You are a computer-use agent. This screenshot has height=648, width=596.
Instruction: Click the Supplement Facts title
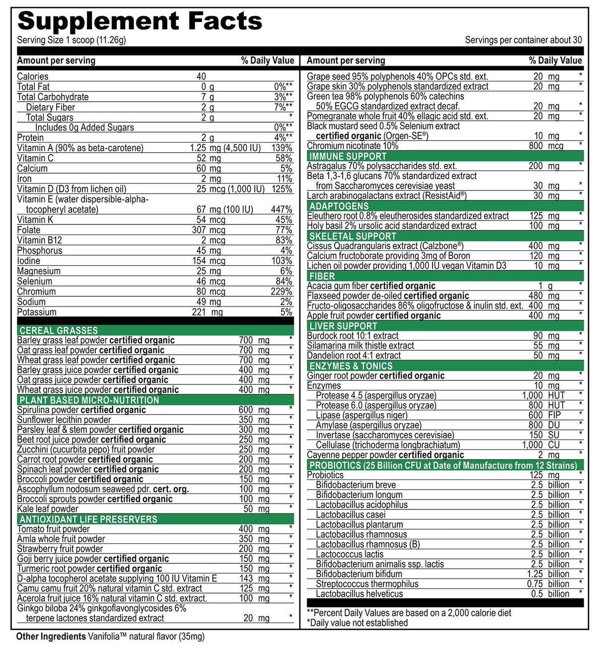[x=140, y=21]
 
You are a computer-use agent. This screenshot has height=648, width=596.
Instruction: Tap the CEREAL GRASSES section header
[x=59, y=330]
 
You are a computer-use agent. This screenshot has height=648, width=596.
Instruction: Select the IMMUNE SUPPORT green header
[x=348, y=156]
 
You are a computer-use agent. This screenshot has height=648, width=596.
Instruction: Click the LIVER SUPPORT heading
[x=343, y=326]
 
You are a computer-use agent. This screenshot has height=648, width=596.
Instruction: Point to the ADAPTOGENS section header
[x=339, y=206]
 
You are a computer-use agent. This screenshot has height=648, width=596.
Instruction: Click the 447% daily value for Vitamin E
[x=281, y=210]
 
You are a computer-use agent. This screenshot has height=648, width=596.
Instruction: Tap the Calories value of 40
[x=201, y=76]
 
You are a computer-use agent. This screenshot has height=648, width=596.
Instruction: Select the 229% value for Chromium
[x=281, y=291]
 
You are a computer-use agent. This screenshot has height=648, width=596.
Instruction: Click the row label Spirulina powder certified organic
[x=81, y=410]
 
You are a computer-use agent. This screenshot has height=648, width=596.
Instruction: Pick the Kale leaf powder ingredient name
[x=48, y=509]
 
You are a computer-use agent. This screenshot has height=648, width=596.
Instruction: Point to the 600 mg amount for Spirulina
[x=254, y=410]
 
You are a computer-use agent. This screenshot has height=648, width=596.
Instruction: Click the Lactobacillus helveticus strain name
[x=359, y=594]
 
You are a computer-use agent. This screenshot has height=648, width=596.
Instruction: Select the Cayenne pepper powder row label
[x=385, y=455]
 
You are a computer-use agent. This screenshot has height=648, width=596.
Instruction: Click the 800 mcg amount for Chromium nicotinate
[x=546, y=146]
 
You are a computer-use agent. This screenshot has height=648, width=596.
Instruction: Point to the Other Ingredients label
[x=51, y=637]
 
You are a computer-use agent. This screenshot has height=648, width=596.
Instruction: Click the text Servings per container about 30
[x=523, y=40]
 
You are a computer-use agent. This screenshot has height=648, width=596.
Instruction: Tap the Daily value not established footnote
[x=357, y=623]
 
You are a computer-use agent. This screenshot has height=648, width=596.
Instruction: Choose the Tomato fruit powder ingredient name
[x=54, y=529]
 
